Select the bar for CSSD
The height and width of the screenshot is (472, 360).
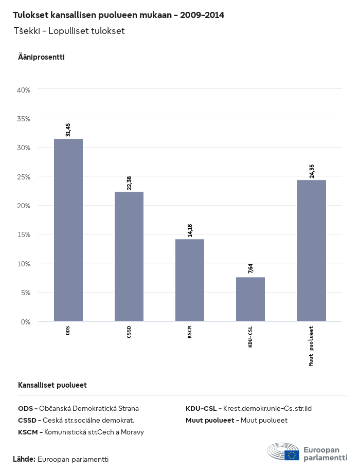pyautogui.click(x=129, y=257)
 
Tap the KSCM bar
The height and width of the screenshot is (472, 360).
pyautogui.click(x=190, y=280)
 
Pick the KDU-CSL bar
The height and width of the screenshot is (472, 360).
pyautogui.click(x=250, y=299)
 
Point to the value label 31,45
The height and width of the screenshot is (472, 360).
pyautogui.click(x=68, y=130)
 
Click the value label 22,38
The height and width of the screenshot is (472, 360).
pyautogui.click(x=129, y=183)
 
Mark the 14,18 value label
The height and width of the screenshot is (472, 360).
pyautogui.click(x=190, y=230)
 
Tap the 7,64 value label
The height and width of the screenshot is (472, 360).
pyautogui.click(x=250, y=268)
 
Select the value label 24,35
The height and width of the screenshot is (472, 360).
pyautogui.click(x=312, y=171)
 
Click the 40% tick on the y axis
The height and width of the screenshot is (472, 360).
pyautogui.click(x=24, y=89)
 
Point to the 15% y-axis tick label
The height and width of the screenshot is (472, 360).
pyautogui.click(x=24, y=234)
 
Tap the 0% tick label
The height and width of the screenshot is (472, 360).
pyautogui.click(x=26, y=322)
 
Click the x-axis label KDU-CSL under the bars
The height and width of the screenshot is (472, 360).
pyautogui.click(x=250, y=336)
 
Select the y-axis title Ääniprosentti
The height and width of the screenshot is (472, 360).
pyautogui.click(x=41, y=57)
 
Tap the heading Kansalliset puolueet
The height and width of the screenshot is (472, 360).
pyautogui.click(x=52, y=385)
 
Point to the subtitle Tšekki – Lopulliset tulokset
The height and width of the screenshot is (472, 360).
pyautogui.click(x=69, y=31)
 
